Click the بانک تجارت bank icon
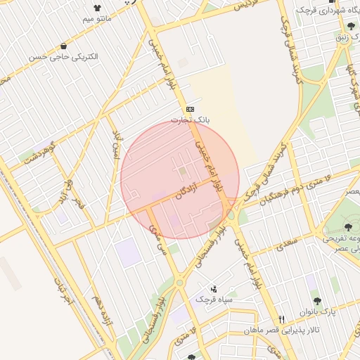click(x=191, y=109)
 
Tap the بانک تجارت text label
click(x=191, y=120)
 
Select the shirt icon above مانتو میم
click(x=97, y=9)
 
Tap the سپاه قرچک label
click(x=214, y=300)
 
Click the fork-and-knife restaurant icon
click(x=281, y=319)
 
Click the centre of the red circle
click(x=180, y=180)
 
